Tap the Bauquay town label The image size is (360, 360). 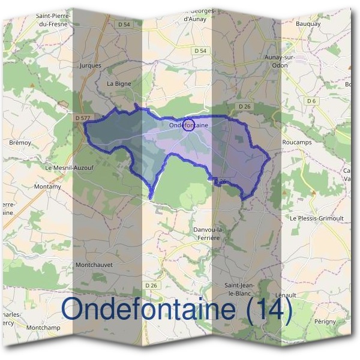point(308,24)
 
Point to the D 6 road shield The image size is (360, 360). point(311,101)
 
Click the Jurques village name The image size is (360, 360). point(91,65)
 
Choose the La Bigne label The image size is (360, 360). point(118,84)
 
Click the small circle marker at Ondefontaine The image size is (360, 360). point(188,125)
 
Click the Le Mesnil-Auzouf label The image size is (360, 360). point(70,169)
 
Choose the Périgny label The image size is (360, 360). point(325,322)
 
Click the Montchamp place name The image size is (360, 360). point(44,328)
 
